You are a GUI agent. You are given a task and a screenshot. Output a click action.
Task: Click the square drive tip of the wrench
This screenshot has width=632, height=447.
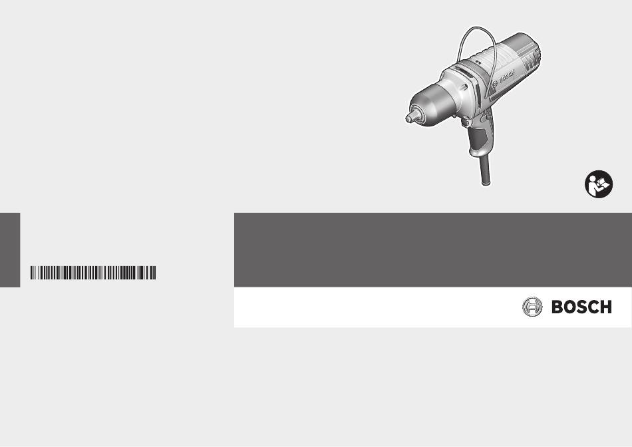tap(408, 118)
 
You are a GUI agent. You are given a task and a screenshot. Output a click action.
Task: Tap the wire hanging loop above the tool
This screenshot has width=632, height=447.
tap(476, 28)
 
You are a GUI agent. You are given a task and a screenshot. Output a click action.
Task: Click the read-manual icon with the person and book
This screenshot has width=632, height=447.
tap(599, 184)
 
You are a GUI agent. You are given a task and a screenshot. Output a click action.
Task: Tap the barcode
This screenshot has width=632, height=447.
tap(93, 273)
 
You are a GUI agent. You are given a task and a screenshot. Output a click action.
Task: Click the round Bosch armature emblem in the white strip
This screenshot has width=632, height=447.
tap(532, 307)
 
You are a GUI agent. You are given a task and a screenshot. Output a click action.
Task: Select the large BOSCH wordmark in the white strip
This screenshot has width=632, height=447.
tap(581, 307)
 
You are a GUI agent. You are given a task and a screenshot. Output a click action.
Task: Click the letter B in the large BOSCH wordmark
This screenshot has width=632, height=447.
tap(557, 307)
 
